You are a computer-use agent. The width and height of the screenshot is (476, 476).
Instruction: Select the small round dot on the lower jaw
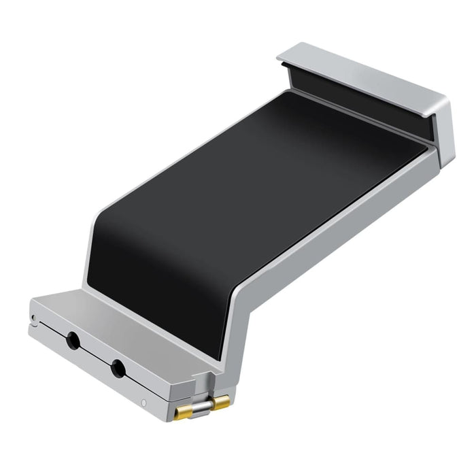143,404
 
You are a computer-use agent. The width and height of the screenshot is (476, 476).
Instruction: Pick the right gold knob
220,404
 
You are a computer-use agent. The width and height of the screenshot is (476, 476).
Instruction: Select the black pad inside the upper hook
360,95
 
